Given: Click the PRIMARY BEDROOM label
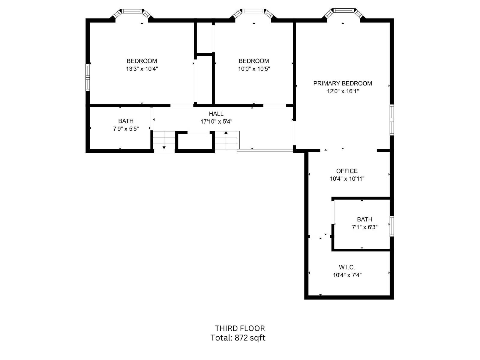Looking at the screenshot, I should tap(343, 83).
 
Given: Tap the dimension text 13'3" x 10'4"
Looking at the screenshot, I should tap(142, 69).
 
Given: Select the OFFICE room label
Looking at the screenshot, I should tap(347, 171).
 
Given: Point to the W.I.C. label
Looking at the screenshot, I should tap(347, 267).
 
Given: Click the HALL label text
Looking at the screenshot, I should tap(216, 114).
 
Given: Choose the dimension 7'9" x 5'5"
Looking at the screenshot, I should tap(126, 129).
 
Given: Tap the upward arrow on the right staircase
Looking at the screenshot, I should tap(226, 133).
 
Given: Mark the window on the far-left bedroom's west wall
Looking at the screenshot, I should tap(88, 77).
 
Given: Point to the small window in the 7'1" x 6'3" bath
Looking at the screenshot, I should tap(391, 226).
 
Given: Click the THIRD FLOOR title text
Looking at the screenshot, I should tap(240, 328).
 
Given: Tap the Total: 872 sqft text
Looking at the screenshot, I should tap(238, 338).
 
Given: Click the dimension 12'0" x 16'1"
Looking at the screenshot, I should tap(343, 91).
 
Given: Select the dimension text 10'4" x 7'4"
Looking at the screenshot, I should tap(347, 275).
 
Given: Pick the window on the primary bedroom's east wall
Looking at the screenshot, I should tap(391, 120).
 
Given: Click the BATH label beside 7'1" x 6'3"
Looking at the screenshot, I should tap(364, 219).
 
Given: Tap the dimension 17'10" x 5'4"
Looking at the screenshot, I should tap(216, 121).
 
